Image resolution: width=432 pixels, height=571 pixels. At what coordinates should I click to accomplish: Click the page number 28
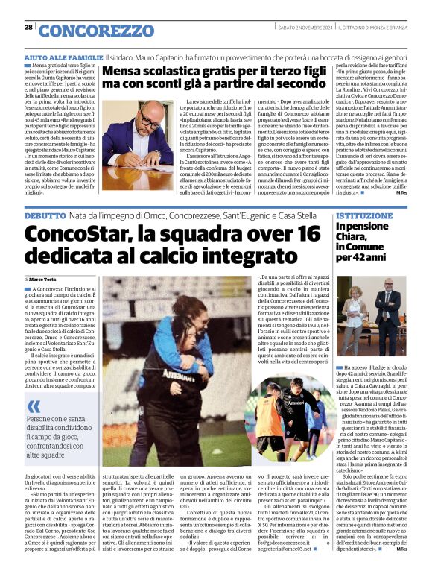click(x=28, y=27)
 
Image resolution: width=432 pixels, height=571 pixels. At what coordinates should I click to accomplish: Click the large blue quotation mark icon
click(x=34, y=406)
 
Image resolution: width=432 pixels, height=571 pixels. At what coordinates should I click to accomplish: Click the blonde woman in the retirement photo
click(x=352, y=302)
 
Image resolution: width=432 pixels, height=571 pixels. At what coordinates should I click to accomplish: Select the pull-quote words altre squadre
click(x=49, y=453)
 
